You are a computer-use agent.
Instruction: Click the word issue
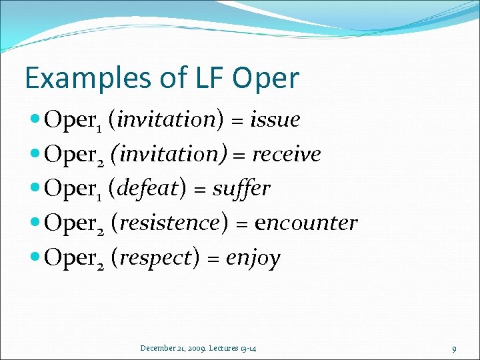click(275, 120)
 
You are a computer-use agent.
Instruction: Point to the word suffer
click(241, 189)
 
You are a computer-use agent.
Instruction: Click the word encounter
click(307, 223)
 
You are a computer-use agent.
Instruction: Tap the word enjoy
click(253, 258)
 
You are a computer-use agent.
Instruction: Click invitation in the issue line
click(169, 120)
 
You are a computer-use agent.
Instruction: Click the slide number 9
click(454, 348)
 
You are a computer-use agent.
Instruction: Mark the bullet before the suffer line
click(35, 189)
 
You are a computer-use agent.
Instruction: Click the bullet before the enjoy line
click(35, 258)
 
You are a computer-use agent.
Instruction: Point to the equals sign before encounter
click(243, 224)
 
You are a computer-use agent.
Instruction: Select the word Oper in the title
click(265, 78)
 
